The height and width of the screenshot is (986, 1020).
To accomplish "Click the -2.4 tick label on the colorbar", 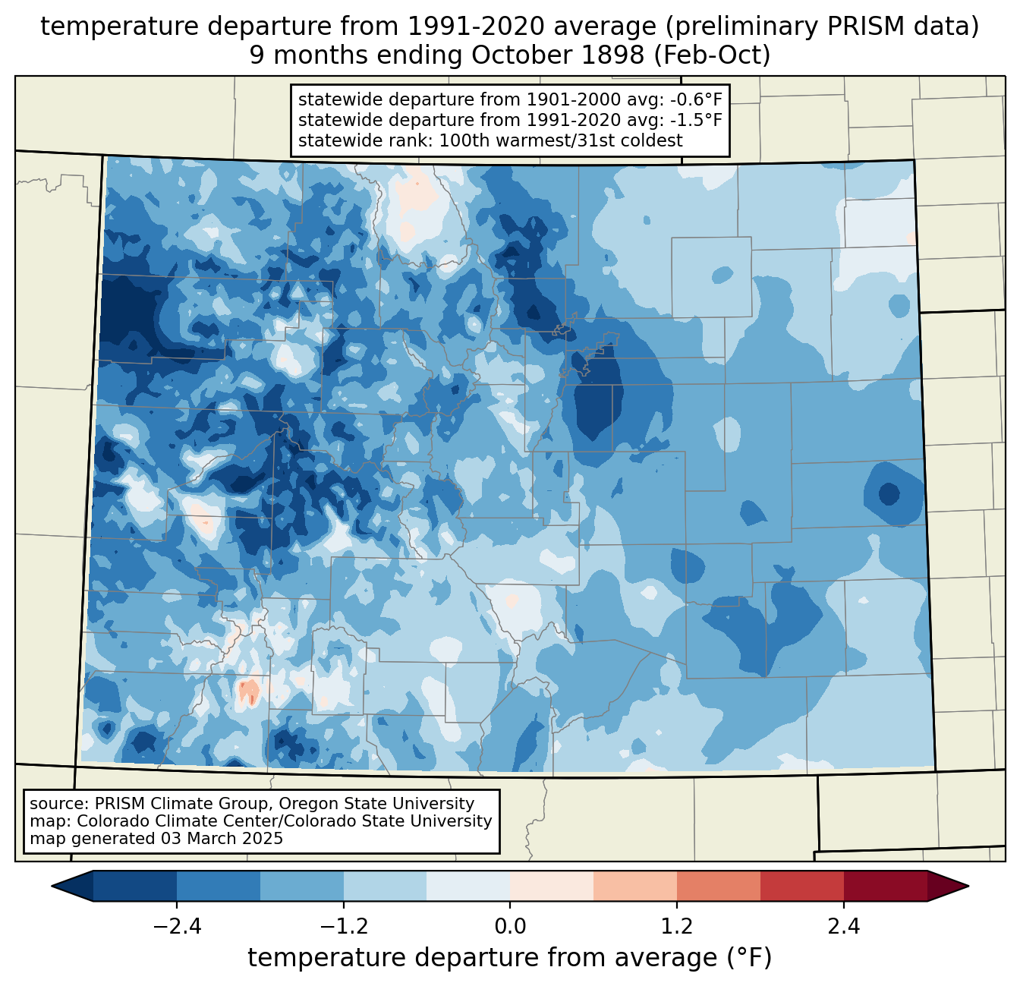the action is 177,926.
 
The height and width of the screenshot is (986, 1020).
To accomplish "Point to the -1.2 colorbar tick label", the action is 344,926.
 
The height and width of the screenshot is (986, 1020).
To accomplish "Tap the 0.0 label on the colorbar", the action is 510,926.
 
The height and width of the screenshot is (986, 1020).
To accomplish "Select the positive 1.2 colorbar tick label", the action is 677,926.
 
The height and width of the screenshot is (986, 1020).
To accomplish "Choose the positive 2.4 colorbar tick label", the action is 844,926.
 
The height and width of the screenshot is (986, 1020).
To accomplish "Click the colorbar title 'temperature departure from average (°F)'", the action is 510,957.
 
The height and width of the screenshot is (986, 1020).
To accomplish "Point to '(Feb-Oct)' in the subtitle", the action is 712,55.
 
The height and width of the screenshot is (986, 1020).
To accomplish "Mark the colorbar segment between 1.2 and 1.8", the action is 719,887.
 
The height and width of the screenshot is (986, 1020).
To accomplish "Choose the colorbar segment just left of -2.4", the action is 134,887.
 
